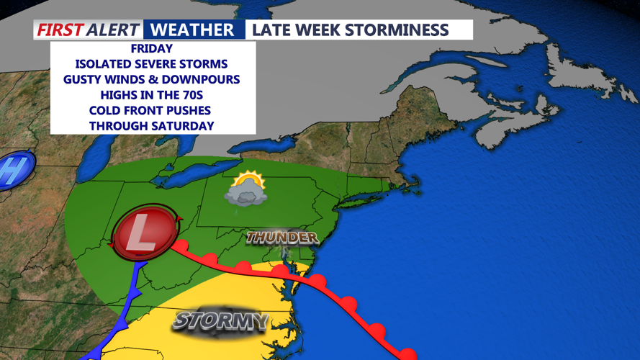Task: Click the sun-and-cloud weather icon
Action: point(246,188)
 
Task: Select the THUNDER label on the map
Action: point(281,237)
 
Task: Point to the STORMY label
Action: point(220,320)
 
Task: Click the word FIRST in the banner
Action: point(60,30)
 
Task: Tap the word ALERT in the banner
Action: point(113,30)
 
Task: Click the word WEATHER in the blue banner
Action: point(194,30)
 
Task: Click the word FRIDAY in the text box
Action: point(153,49)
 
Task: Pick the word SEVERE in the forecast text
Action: point(163,64)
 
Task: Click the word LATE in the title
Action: point(273,30)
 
